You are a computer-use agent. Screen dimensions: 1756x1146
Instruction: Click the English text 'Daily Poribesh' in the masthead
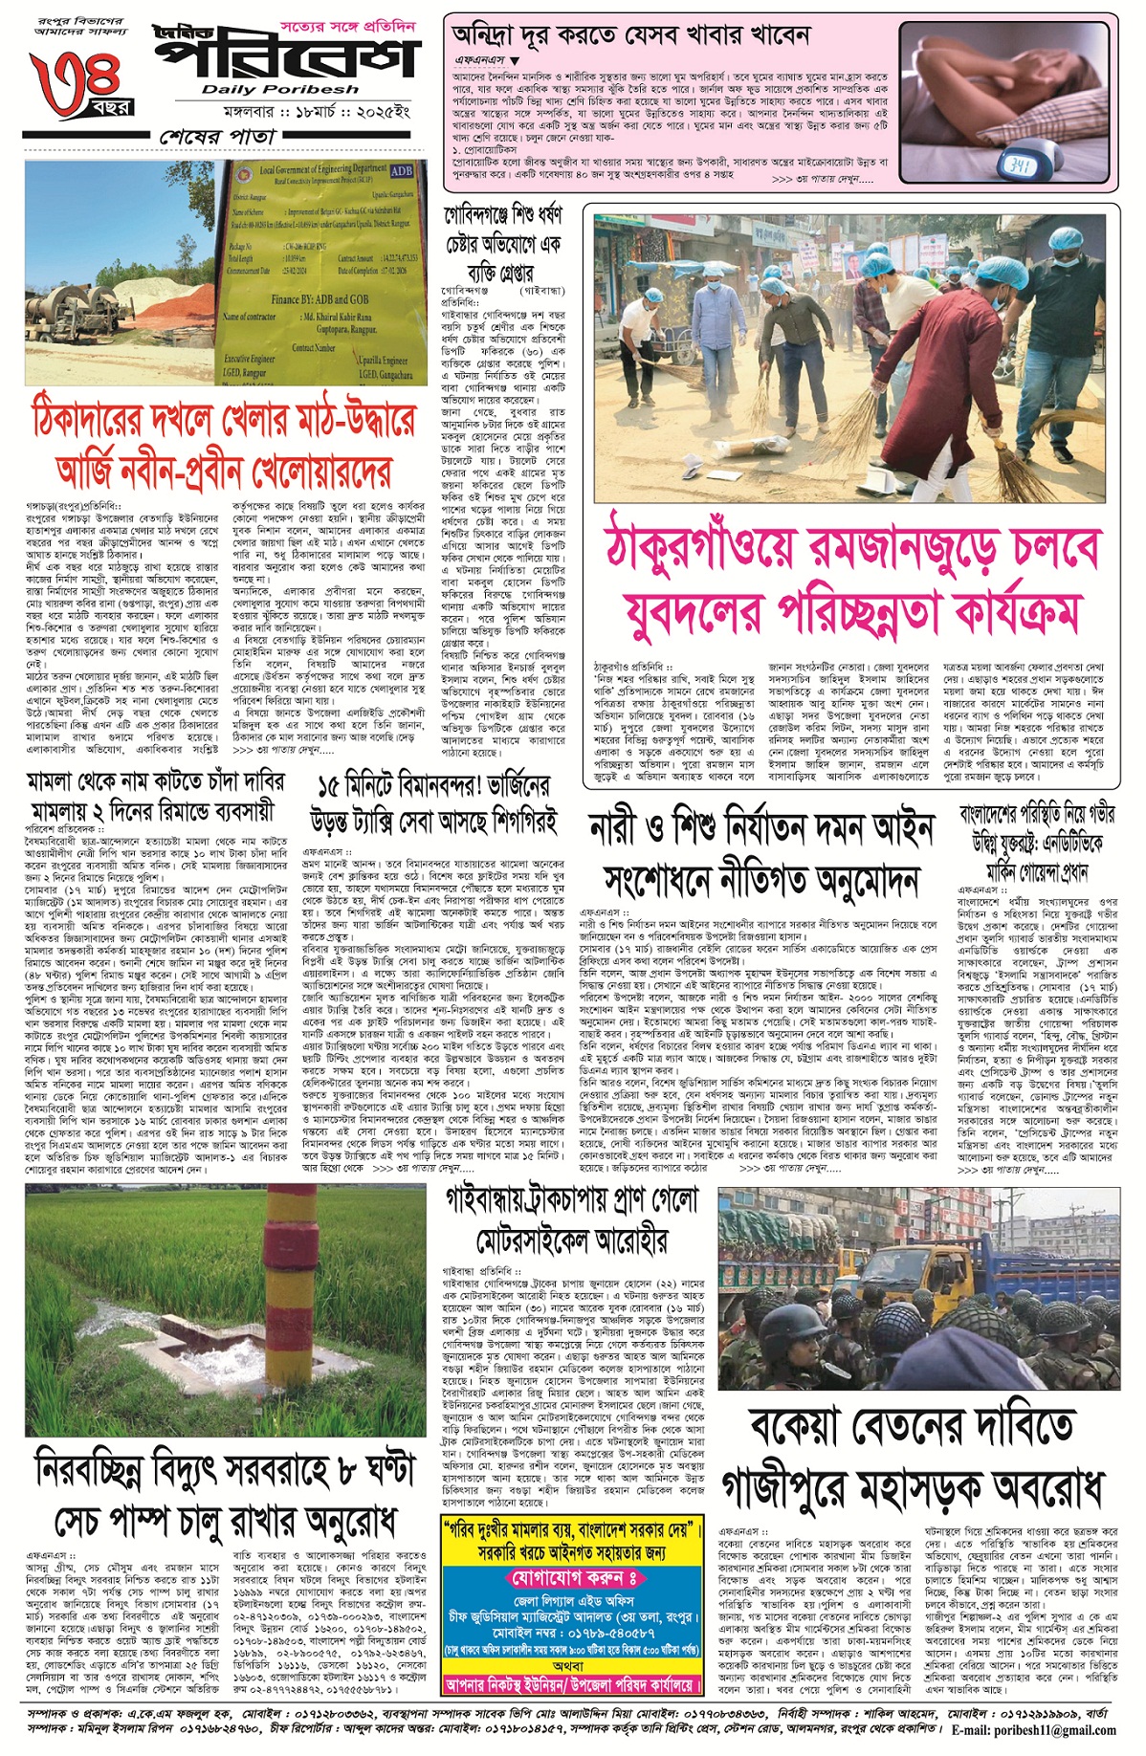pos(280,89)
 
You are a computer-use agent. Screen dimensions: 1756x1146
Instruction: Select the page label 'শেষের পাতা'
pos(217,137)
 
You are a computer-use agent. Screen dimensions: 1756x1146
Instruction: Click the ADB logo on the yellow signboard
pos(401,171)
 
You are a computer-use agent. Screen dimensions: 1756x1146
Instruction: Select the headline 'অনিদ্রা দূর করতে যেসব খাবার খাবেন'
pos(631,35)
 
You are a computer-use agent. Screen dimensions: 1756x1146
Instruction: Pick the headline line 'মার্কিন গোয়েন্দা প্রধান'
pos(1037,871)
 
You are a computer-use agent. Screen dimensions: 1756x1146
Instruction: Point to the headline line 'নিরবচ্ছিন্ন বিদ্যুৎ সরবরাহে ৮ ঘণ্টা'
pos(225,1470)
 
